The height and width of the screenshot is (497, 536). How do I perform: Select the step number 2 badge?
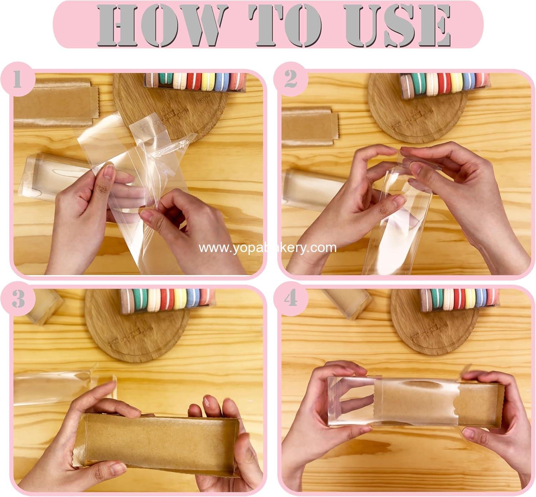(x=291, y=80)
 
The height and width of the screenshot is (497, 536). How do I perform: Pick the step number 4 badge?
(x=291, y=298)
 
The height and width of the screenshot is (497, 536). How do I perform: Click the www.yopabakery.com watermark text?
(x=268, y=248)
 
